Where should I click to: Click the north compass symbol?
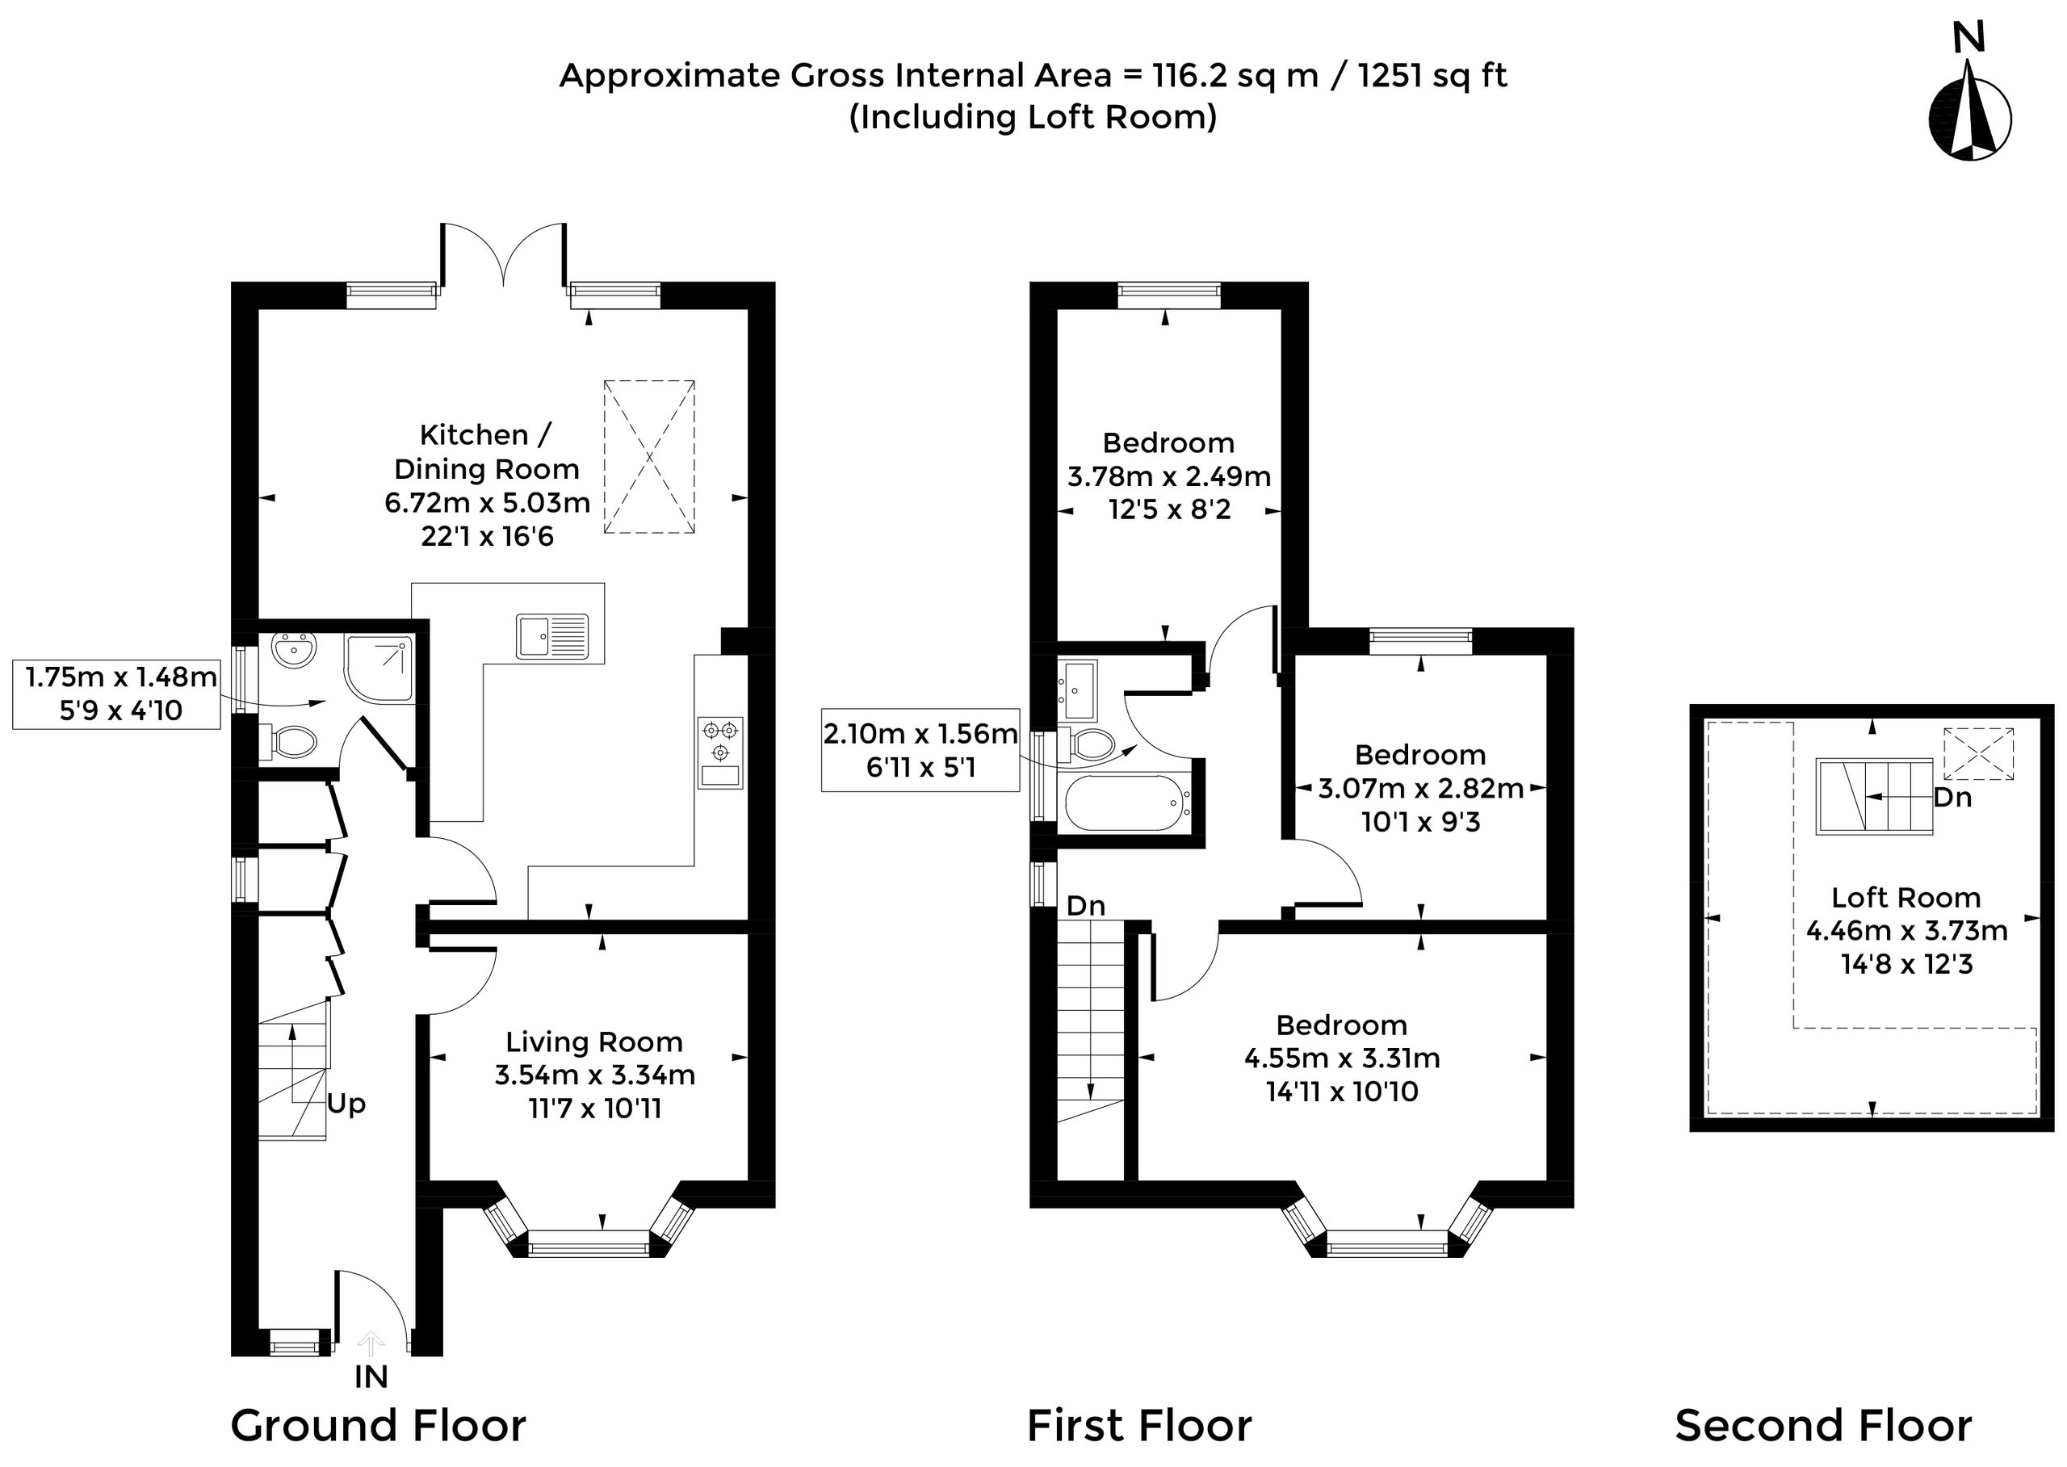pos(1969,103)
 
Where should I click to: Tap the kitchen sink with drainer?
pos(552,636)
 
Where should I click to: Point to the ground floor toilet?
pos(289,742)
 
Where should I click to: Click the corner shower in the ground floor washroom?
pos(379,669)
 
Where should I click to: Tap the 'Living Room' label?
pos(593,1042)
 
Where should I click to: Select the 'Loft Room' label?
pos(1906,897)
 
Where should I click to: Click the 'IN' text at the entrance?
pos(371,1377)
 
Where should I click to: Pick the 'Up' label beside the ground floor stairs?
pos(346,1104)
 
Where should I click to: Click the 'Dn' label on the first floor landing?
pos(1085,905)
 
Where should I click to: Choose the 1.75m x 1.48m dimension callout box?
pos(116,694)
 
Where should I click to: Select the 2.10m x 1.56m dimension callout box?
pos(920,751)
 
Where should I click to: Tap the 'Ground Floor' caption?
pos(378,1427)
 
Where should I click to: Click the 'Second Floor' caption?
pos(1823,1427)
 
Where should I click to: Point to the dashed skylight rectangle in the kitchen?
pos(648,457)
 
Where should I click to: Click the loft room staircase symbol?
pos(1874,797)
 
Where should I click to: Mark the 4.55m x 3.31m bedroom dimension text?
pos(1342,1058)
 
